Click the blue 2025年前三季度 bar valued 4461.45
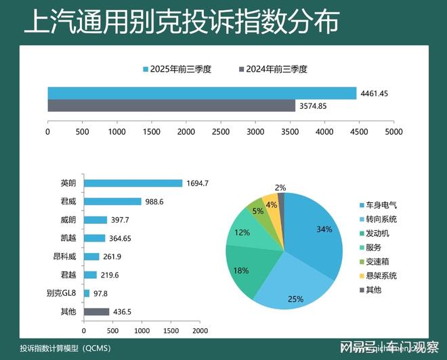[202, 93]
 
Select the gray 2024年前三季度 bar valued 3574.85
[171, 106]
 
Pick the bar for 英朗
[133, 183]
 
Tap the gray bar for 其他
[96, 312]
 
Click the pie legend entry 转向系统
[381, 219]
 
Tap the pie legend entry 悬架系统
[381, 275]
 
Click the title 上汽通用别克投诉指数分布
[181, 22]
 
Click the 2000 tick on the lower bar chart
[200, 331]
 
